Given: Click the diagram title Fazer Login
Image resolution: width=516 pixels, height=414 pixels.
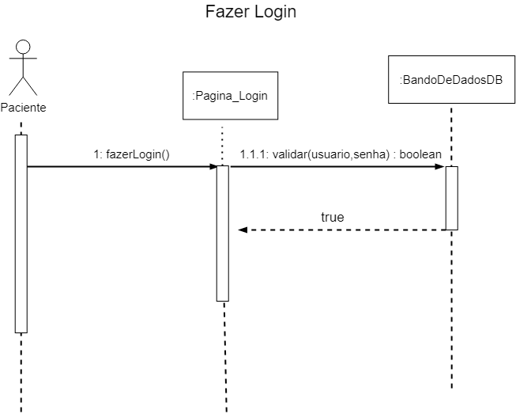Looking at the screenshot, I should point(251,13).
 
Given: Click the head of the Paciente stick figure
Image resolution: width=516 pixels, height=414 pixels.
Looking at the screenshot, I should point(23,46).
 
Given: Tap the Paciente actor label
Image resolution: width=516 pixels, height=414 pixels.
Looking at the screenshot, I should point(23,108).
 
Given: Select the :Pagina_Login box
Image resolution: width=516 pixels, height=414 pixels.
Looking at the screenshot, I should point(230,96).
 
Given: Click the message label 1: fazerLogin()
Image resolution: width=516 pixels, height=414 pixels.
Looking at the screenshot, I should point(131,154).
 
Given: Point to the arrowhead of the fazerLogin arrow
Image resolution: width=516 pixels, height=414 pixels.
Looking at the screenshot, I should point(213,167).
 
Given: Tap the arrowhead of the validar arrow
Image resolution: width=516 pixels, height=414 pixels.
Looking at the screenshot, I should point(441,167).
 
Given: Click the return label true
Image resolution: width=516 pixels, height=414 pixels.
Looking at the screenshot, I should point(332,216).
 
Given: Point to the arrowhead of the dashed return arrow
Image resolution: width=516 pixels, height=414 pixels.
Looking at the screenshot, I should point(243,230).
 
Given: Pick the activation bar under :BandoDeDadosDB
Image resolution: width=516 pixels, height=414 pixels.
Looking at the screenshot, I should point(451,198).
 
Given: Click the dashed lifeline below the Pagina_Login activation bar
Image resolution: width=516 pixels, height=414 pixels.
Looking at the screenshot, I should point(224,356).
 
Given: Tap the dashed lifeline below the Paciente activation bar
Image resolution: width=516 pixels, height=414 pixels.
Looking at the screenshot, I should point(21,372).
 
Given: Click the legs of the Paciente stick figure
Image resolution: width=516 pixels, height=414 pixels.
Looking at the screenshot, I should point(23,85).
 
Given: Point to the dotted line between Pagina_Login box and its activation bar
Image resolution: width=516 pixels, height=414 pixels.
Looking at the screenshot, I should point(223,142).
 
